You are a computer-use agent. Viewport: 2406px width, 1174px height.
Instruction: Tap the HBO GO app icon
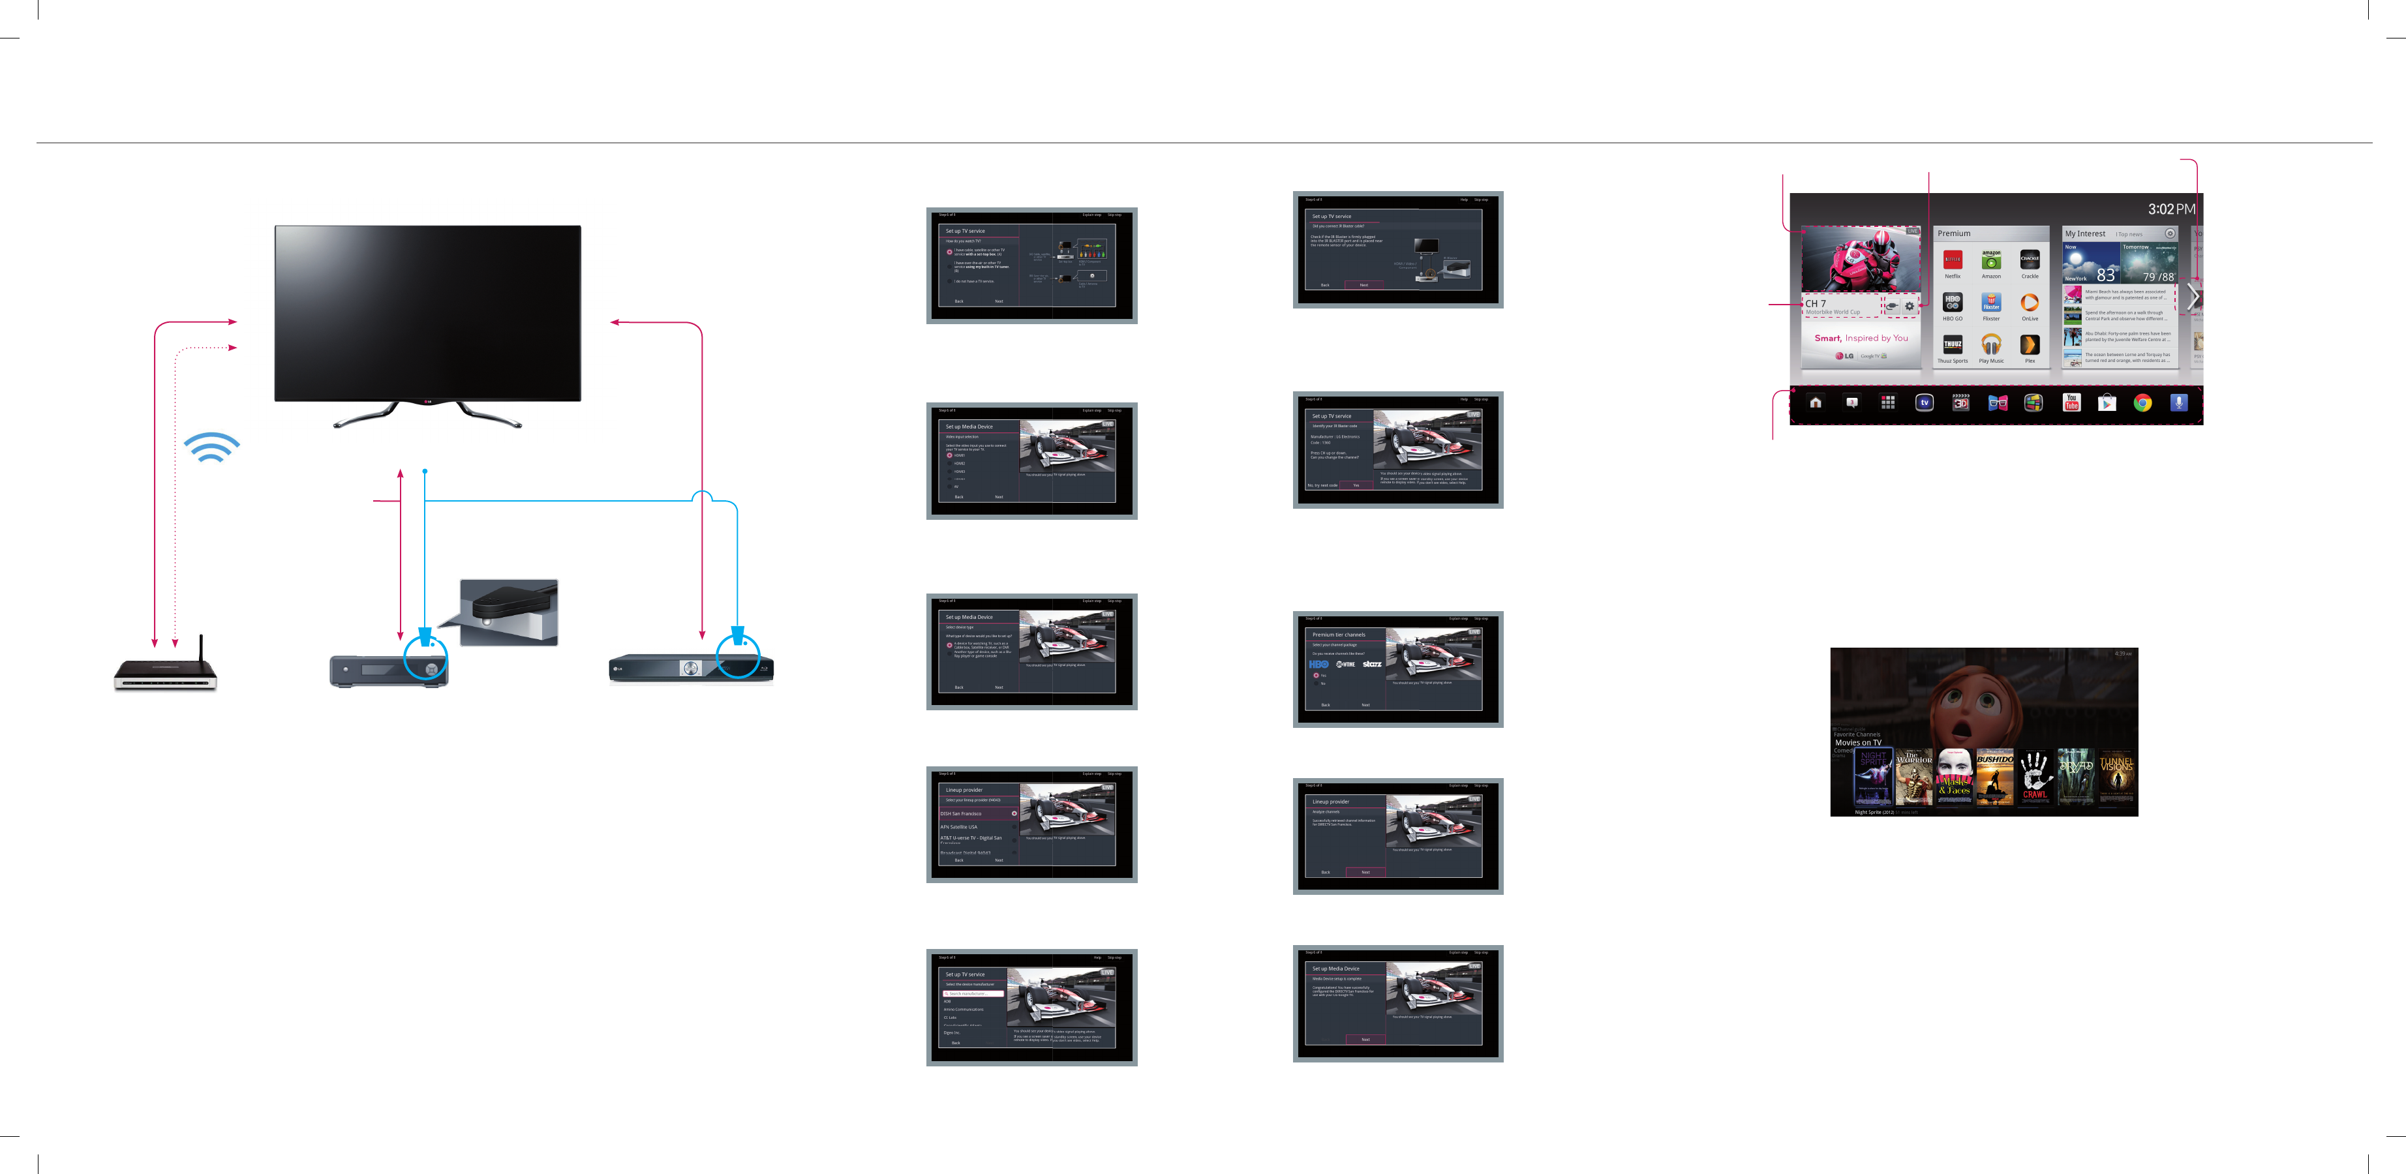(x=1952, y=302)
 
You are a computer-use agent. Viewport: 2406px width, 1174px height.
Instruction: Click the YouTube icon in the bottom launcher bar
(x=2071, y=402)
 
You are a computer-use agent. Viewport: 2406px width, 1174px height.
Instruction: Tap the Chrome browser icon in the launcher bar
(x=2142, y=402)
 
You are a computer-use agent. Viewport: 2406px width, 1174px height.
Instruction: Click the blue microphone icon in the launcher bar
(x=2179, y=402)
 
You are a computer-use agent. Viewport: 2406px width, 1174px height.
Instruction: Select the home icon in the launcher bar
(x=1816, y=402)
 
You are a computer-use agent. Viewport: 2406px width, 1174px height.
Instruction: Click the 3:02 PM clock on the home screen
(x=2170, y=209)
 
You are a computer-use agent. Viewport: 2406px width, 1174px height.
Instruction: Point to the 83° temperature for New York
(x=2106, y=275)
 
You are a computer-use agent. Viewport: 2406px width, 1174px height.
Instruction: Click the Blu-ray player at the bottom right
(x=691, y=669)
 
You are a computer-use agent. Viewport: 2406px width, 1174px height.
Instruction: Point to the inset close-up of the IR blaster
(x=509, y=612)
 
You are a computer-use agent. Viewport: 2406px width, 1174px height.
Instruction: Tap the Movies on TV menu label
(x=1858, y=742)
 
